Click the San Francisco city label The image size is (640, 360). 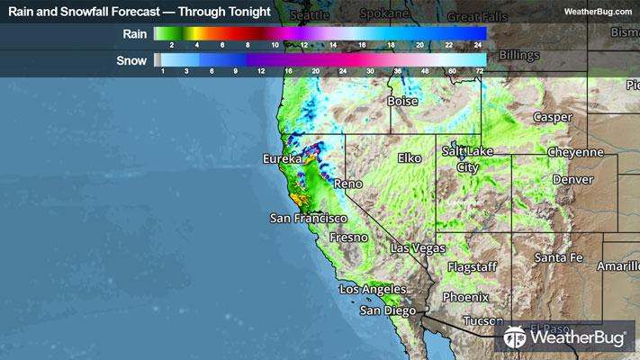(x=309, y=218)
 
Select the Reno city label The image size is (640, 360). (x=347, y=184)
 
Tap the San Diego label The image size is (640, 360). (x=388, y=310)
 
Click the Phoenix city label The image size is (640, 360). (x=466, y=297)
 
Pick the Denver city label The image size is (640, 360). (x=573, y=180)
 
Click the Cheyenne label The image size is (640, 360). (x=575, y=152)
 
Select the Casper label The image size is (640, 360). (x=553, y=118)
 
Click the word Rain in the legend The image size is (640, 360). (x=135, y=33)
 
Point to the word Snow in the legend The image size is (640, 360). (x=133, y=60)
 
